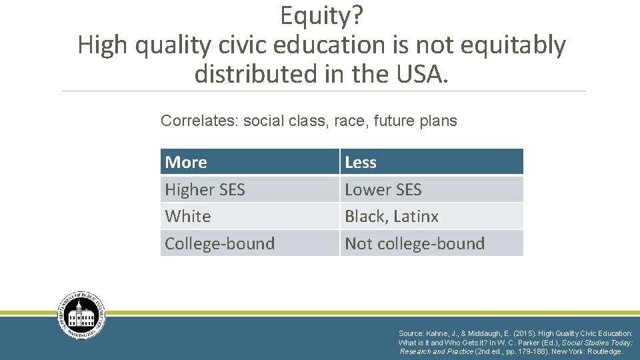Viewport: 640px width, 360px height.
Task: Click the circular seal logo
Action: point(81,315)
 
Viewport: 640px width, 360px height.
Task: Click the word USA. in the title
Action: point(417,73)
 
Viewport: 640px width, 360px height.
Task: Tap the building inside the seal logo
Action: point(81,316)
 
